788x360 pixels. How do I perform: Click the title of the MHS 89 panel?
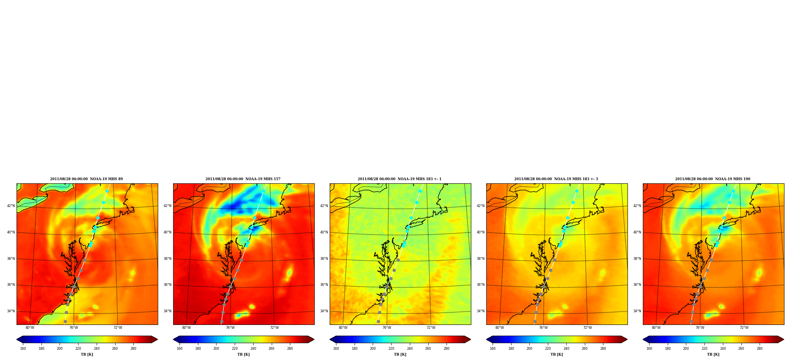click(x=86, y=179)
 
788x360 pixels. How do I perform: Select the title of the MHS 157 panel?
click(x=243, y=179)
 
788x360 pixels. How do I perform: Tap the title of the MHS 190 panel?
click(x=713, y=179)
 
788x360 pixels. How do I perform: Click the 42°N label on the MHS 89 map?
click(x=11, y=206)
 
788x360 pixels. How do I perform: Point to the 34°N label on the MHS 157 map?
click(x=168, y=311)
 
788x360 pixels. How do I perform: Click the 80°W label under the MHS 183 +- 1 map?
click(x=343, y=328)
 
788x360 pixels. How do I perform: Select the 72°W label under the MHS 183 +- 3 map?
click(x=588, y=328)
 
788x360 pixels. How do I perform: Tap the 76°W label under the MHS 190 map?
click(x=700, y=328)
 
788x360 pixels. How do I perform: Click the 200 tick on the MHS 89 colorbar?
click(x=60, y=349)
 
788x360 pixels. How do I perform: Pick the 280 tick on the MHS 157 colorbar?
click(x=290, y=349)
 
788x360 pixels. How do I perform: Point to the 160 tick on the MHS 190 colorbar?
click(x=649, y=349)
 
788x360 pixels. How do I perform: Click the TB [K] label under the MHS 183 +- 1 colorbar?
click(x=400, y=354)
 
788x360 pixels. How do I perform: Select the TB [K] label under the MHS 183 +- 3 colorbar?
click(x=557, y=354)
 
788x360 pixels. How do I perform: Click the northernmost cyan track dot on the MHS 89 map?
click(x=107, y=191)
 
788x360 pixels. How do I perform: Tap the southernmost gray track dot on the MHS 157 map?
click(x=222, y=322)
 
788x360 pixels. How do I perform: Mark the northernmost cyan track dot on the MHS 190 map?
click(x=733, y=191)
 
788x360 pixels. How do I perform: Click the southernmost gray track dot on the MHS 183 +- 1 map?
click(x=378, y=322)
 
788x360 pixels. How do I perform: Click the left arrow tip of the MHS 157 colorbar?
click(x=173, y=339)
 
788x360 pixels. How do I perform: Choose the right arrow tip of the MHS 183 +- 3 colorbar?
click(x=627, y=339)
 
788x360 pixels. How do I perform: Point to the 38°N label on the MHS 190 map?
click(x=637, y=259)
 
